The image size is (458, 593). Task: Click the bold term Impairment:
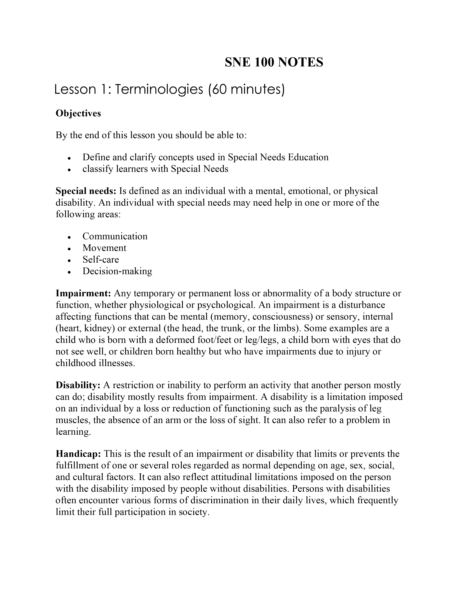(84, 293)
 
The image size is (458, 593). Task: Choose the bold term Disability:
(78, 385)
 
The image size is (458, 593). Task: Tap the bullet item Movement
(105, 248)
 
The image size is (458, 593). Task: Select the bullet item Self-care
(101, 260)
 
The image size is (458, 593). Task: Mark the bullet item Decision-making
(117, 271)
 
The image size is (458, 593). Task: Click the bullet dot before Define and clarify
(70, 158)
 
